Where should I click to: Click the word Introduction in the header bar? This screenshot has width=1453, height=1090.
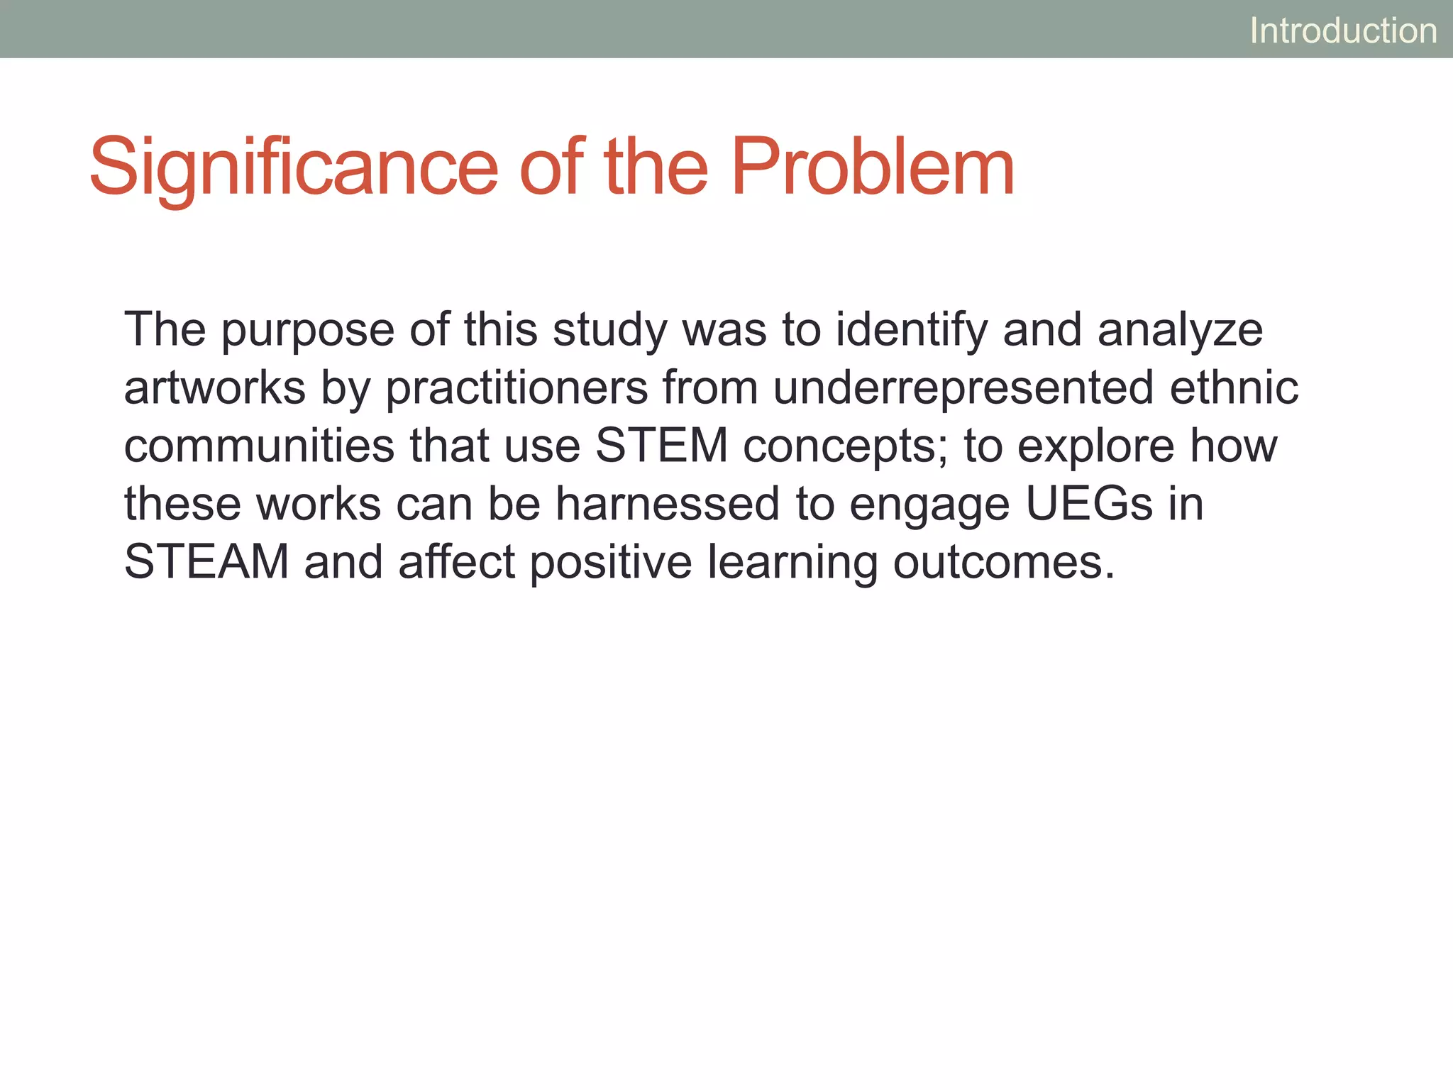click(1343, 31)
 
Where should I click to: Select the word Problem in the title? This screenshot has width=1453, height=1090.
click(873, 167)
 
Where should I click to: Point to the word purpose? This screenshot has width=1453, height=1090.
click(307, 331)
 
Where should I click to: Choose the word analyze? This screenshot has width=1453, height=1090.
click(1180, 331)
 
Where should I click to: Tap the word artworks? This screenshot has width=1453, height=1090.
click(214, 388)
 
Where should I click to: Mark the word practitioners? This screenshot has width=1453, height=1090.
click(516, 388)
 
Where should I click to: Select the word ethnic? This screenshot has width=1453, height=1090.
click(1234, 388)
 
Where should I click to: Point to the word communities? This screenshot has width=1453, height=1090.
click(259, 446)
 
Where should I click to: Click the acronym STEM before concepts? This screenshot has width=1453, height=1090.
click(661, 446)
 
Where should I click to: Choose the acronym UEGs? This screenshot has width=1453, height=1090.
click(1089, 505)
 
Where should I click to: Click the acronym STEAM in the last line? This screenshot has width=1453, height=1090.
click(206, 562)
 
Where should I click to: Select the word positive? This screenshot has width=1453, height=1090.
click(611, 562)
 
